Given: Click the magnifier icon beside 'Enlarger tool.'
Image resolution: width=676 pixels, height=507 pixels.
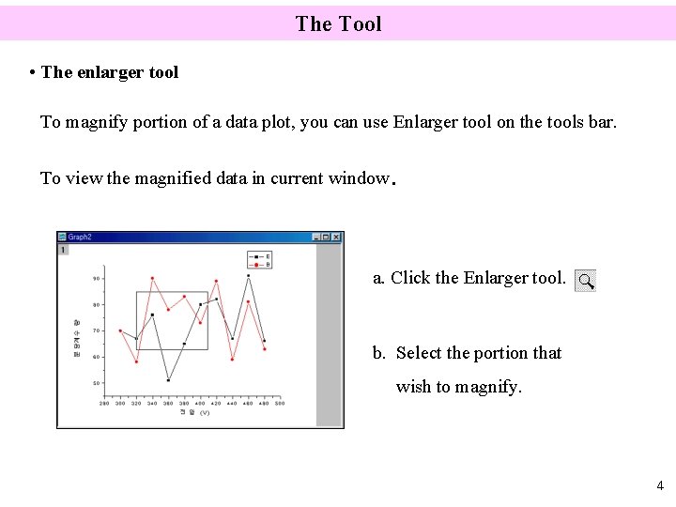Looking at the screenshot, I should point(585,281).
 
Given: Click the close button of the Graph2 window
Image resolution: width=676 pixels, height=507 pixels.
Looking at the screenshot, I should point(336,238).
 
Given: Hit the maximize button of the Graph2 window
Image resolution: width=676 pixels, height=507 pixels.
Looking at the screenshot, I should point(326,238).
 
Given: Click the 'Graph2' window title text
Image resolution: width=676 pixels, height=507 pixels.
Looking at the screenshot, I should point(80,238).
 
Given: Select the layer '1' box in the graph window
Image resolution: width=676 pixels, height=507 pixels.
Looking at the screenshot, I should point(63,250).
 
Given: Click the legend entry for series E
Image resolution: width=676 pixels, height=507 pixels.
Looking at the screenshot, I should point(259,256).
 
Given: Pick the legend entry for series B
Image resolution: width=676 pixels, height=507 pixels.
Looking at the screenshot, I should point(259,265).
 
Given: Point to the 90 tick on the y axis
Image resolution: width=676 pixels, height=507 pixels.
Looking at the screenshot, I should point(97,278).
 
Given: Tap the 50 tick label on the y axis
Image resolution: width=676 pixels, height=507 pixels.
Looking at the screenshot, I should point(97,383).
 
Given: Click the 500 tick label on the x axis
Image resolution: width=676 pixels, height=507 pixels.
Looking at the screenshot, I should point(280,403).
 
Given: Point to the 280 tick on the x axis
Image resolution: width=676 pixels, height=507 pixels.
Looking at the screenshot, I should point(104,403).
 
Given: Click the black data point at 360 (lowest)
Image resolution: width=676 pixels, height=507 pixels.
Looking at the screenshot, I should point(168,380).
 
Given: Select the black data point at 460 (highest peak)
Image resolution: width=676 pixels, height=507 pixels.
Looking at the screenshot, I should point(249,276).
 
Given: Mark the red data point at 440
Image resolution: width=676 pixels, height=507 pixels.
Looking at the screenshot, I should point(232,360).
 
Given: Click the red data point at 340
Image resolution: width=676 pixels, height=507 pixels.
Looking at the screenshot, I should point(152,278).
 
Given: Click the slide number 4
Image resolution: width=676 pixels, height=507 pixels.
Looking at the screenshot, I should point(660,486).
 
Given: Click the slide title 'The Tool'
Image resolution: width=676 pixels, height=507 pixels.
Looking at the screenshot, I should point(338,23).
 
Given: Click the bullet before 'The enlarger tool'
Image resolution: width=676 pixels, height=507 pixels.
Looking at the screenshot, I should point(33,72).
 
